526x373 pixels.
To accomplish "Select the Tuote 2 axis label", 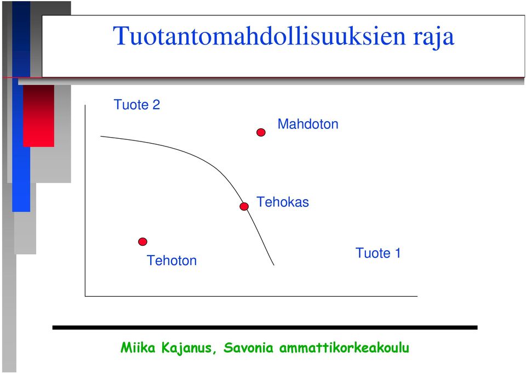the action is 137,104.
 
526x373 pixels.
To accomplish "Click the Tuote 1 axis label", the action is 378,253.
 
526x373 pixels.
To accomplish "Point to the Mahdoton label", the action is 308,124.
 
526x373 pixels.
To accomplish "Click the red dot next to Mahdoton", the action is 261,132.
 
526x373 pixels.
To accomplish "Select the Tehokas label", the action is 283,202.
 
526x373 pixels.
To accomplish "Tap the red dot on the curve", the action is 244,206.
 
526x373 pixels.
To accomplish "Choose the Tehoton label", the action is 171,261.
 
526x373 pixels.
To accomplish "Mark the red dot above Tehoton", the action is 142,242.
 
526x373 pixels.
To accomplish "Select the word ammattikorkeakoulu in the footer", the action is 344,347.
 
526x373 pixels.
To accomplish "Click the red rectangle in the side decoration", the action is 38,116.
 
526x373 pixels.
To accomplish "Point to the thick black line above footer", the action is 265,327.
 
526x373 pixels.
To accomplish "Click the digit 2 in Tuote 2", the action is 156,104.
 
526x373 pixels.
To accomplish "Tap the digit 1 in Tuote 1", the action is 398,253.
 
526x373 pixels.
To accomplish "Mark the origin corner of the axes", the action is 85,296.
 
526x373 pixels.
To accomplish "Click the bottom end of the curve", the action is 274,265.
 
